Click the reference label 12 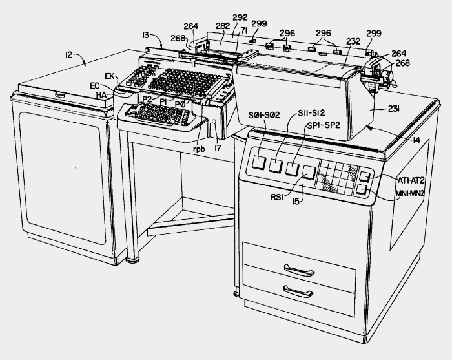click(x=68, y=54)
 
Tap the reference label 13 click(x=146, y=35)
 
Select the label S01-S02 click(x=264, y=115)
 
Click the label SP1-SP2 click(x=323, y=125)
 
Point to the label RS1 click(x=277, y=197)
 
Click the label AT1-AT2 click(x=411, y=180)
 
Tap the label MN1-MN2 click(x=409, y=193)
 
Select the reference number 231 click(x=393, y=109)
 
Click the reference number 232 click(x=353, y=41)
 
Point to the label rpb click(x=199, y=149)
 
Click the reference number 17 click(x=218, y=148)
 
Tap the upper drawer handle click(x=299, y=270)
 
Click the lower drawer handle click(x=298, y=291)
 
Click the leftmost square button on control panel click(x=258, y=162)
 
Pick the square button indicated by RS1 click(x=309, y=172)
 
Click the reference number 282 click(x=223, y=26)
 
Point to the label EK click(x=110, y=76)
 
